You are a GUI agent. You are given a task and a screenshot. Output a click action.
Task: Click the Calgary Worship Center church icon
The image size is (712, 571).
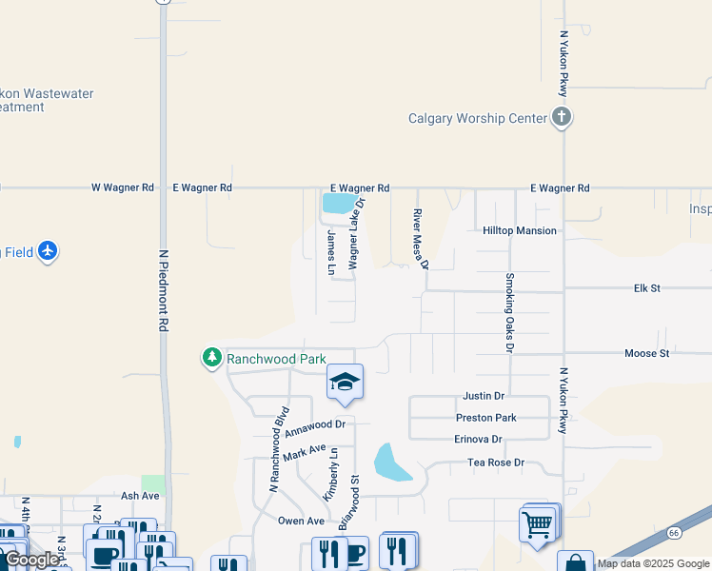(x=562, y=118)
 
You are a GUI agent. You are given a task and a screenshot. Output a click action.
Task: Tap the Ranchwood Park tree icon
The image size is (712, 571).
(x=211, y=359)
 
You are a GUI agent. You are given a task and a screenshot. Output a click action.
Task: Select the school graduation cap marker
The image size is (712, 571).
(x=345, y=383)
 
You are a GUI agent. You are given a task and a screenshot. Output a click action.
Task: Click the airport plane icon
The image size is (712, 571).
(x=48, y=252)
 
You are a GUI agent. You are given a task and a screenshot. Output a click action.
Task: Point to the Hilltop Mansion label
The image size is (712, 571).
(x=520, y=230)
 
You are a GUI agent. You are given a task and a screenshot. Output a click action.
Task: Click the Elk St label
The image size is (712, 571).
(x=647, y=287)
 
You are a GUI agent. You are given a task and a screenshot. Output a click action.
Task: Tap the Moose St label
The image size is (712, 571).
(x=647, y=353)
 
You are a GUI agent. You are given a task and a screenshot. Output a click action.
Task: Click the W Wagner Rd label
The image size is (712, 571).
(x=122, y=188)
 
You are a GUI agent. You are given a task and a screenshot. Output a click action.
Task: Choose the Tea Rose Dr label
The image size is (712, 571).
(x=496, y=463)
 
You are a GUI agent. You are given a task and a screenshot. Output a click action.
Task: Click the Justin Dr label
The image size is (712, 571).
(x=484, y=395)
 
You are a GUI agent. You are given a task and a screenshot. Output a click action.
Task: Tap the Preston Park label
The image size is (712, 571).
(x=486, y=417)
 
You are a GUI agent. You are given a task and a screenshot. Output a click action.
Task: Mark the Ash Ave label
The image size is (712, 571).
(x=140, y=496)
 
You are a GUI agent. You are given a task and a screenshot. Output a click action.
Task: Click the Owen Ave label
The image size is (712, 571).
(x=302, y=521)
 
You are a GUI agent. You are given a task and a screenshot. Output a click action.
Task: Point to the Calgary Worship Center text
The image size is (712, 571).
(x=478, y=119)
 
